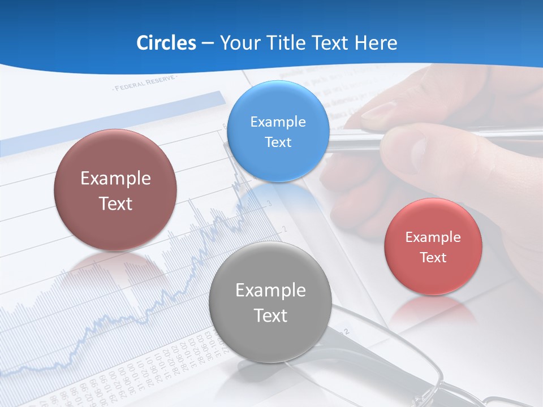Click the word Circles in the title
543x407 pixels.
tap(166, 43)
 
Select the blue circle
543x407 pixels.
tap(278, 131)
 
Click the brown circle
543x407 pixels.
tap(115, 190)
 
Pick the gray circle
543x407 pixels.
tap(270, 302)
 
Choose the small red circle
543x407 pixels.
tap(433, 246)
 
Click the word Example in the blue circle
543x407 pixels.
tap(278, 122)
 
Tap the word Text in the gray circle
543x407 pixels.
tap(270, 315)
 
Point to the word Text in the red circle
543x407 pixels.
tap(433, 257)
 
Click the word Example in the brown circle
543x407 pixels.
tap(115, 179)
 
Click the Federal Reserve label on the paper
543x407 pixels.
tap(144, 85)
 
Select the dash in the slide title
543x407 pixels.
tap(208, 43)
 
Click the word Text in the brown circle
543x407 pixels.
tap(115, 203)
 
